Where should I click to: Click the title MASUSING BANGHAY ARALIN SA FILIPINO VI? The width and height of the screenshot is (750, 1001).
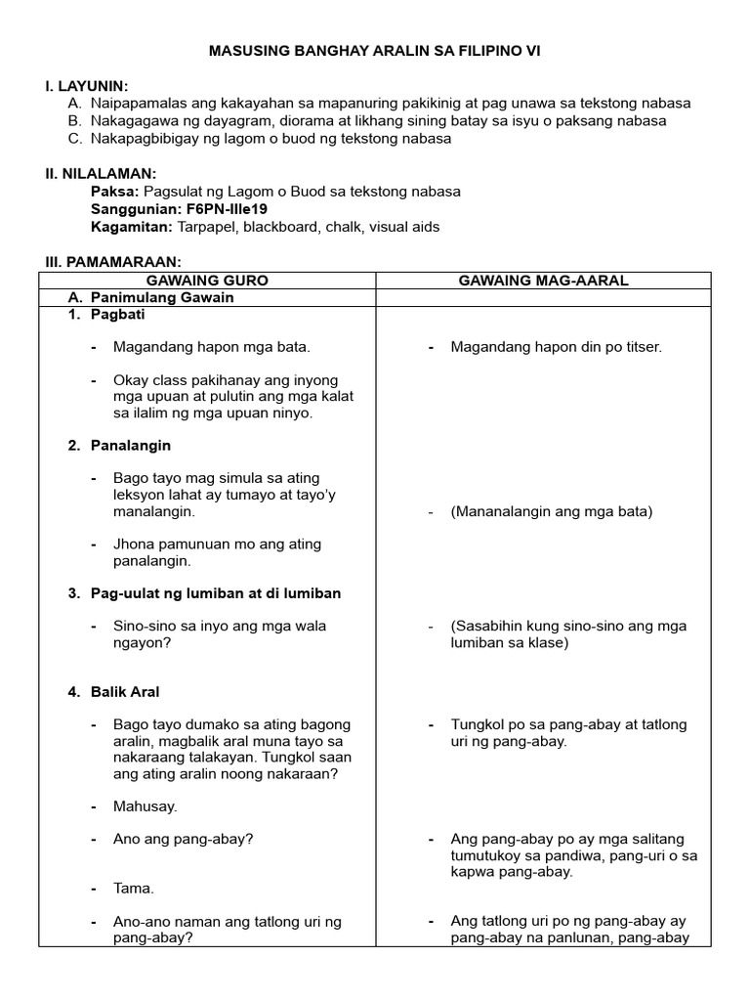tap(374, 50)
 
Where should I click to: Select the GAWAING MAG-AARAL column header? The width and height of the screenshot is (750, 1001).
tap(544, 281)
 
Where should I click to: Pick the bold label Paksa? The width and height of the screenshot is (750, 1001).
tap(113, 192)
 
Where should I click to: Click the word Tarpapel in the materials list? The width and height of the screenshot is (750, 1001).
tap(204, 227)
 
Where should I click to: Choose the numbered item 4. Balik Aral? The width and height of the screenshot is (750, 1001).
tap(113, 692)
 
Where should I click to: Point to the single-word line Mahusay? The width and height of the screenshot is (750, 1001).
tap(145, 806)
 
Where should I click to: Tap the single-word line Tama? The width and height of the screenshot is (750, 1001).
tap(134, 889)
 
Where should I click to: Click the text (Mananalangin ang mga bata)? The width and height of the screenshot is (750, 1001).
tap(551, 511)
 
